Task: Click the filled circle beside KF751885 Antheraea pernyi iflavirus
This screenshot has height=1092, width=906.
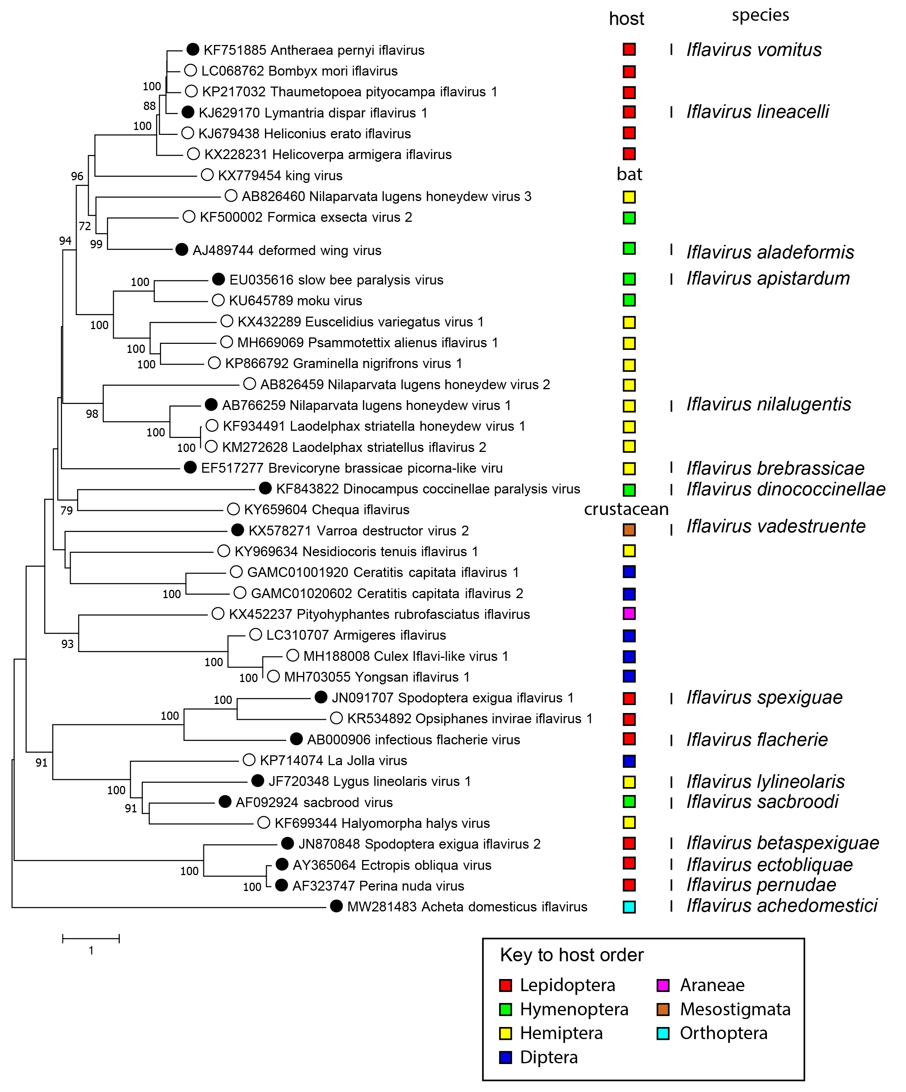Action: pos(192,49)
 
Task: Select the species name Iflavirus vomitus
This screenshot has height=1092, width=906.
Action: pos(754,50)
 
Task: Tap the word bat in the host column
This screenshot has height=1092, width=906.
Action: pos(629,174)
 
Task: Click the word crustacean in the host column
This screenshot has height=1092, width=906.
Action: pos(626,509)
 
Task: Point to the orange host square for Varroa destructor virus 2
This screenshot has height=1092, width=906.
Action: pos(629,530)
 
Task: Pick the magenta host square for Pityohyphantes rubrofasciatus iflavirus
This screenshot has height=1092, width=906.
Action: pos(629,614)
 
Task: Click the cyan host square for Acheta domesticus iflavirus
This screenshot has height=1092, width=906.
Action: pos(629,907)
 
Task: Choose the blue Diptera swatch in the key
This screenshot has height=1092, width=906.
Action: pos(505,1057)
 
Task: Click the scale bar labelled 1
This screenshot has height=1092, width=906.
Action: pos(91,939)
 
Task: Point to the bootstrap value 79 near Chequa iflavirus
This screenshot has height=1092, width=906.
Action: pos(67,510)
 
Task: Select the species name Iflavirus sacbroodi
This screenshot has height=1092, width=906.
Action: pos(762,802)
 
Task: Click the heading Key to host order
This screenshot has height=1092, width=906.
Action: pos(571,955)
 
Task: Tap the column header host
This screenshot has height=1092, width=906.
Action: pos(626,19)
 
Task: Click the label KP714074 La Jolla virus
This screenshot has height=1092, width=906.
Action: pos(333,761)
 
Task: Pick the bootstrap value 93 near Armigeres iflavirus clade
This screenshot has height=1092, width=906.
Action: pos(68,644)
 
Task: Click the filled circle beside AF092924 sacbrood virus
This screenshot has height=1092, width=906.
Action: pos(225,802)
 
